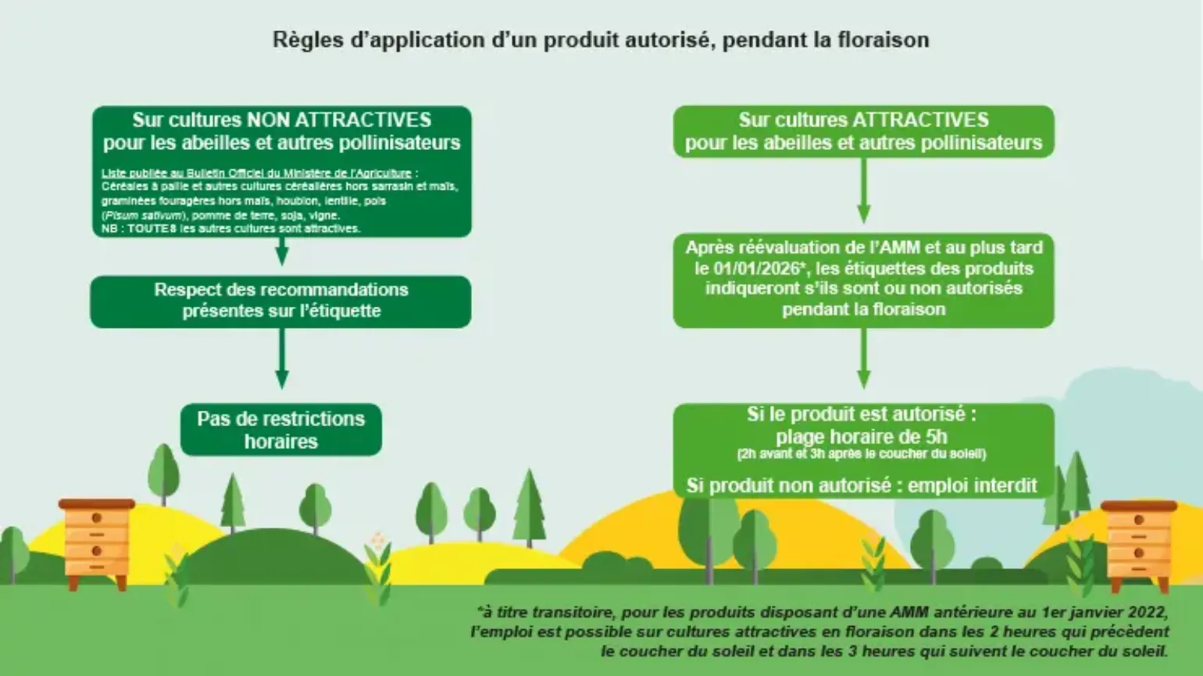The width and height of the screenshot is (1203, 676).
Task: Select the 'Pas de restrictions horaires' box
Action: pos(281,430)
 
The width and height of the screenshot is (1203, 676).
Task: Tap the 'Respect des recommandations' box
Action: pos(281,301)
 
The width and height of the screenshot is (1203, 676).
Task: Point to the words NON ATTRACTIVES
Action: pos(339,119)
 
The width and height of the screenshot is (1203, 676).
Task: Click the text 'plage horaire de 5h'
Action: pos(862,436)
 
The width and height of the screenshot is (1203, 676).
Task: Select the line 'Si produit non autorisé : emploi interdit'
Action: pos(862,486)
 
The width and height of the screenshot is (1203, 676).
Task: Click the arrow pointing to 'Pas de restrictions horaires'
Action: pos(281,358)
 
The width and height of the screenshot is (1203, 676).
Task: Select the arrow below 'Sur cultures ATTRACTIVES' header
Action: pos(864,190)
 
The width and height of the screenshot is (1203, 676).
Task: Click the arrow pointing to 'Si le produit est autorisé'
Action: pos(864,358)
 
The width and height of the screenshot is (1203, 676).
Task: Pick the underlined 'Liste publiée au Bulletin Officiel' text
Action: pos(257,173)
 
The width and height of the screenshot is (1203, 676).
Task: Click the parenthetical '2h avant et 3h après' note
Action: pos(862,454)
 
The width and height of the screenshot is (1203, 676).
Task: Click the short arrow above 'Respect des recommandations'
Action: pos(281,251)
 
